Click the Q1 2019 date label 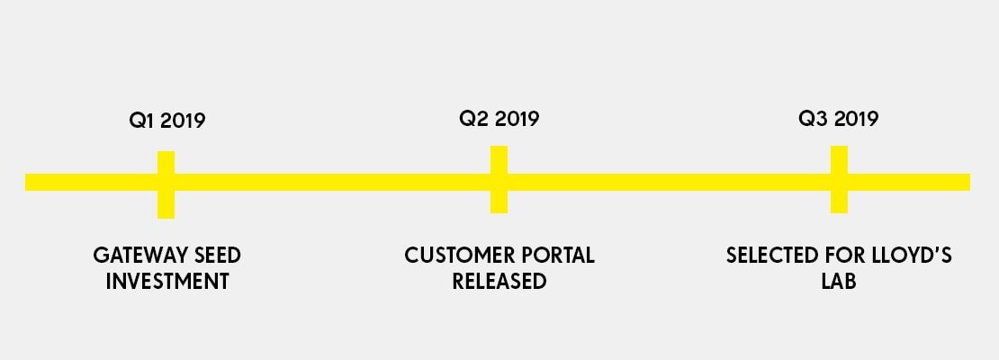(166, 121)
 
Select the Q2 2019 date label (499, 119)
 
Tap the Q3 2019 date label (839, 119)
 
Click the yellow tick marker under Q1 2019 (166, 184)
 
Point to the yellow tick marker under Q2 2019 (499, 180)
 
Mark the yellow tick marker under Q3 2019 (839, 180)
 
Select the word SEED (217, 256)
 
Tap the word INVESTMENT (166, 281)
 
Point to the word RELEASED (499, 281)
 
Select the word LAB (839, 281)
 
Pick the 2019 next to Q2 (517, 119)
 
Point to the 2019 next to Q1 (183, 121)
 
